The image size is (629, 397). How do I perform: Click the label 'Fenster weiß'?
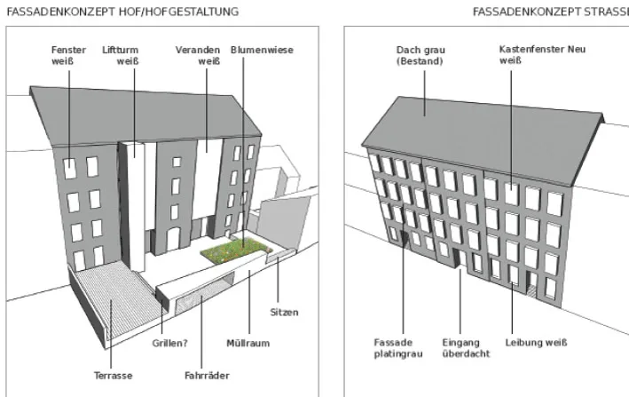(68, 55)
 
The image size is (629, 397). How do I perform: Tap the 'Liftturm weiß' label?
(120, 55)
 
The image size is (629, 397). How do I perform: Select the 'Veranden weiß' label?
(198, 55)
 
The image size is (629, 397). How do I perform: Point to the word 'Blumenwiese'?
(262, 50)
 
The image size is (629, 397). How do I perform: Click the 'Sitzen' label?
(284, 313)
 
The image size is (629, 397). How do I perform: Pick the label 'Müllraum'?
(248, 343)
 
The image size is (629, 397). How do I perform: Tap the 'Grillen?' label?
(169, 343)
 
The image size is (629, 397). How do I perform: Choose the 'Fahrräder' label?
(207, 376)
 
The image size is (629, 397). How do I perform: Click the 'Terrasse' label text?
(114, 376)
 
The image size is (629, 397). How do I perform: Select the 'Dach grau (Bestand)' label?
(421, 55)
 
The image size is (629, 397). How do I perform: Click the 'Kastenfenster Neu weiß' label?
(542, 54)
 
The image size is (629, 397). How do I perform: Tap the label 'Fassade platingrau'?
(398, 348)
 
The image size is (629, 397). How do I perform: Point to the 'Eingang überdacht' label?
(466, 348)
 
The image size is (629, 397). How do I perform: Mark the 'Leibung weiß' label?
(536, 343)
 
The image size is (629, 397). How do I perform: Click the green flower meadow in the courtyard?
(236, 250)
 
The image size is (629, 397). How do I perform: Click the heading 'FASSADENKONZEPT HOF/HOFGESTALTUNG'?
(122, 12)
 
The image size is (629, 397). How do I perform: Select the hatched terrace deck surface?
(116, 297)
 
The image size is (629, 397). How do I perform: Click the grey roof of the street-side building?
(482, 137)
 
